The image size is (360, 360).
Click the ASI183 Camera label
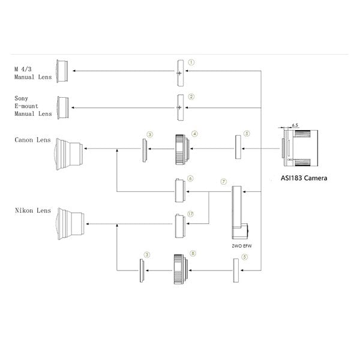coord(304,178)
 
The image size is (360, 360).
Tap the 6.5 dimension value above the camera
coord(295,125)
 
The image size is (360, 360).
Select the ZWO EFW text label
coord(242,246)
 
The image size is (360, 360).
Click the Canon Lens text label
coord(32,140)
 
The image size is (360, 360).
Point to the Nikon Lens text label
coord(33,211)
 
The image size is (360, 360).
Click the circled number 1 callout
coord(191,62)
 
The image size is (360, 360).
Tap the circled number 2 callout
coord(191,97)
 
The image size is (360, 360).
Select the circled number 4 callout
coord(194,134)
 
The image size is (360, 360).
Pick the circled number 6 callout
coord(190,178)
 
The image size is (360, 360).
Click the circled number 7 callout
coord(224,182)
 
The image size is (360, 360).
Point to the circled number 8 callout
coord(193,253)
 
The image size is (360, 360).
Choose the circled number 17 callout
coord(191,214)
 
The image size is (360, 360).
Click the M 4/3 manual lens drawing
coord(62,71)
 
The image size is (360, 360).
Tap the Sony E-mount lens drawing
coord(62,107)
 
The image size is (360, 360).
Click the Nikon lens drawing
coord(70,224)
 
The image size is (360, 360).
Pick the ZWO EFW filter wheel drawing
coord(239,212)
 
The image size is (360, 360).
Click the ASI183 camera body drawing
coord(300,148)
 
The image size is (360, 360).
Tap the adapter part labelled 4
coord(182,149)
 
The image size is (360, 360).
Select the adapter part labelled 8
coord(181,269)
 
